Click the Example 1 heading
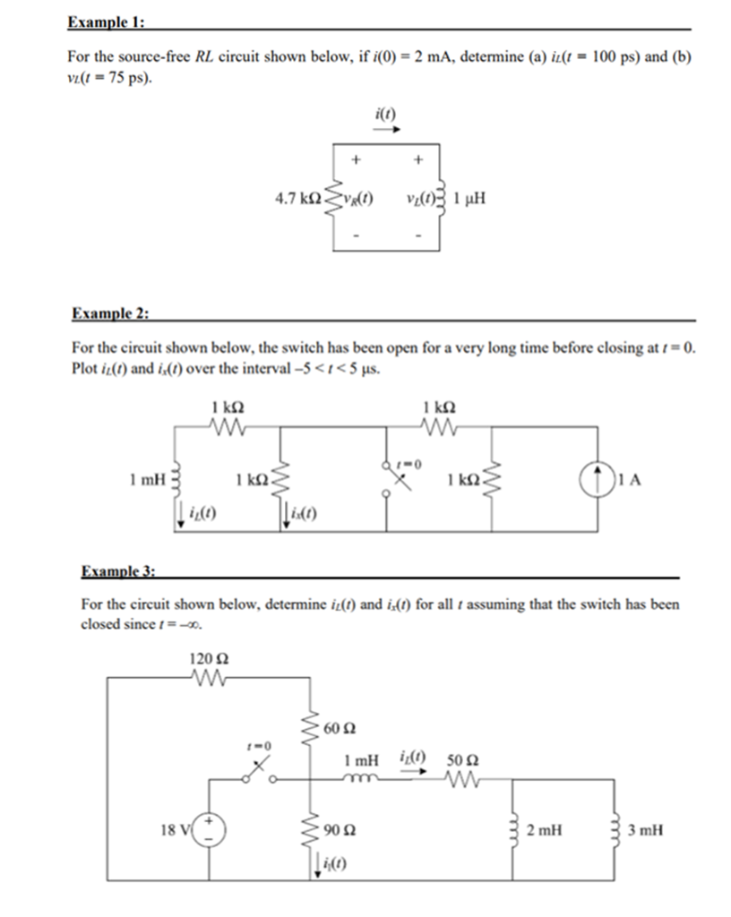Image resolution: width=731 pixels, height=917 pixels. click(x=106, y=22)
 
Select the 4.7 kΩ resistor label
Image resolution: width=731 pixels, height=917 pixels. click(x=298, y=199)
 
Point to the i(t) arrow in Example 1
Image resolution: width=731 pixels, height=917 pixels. click(x=387, y=130)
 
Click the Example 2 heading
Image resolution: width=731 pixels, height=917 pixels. click(x=110, y=313)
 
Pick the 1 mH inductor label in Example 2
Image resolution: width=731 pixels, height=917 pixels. click(x=148, y=480)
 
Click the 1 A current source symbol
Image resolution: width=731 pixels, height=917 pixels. click(x=598, y=480)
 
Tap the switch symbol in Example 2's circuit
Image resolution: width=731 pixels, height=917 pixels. click(x=398, y=481)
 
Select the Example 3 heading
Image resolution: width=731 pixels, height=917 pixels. click(x=118, y=570)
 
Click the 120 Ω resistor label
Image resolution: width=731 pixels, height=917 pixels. click(x=209, y=659)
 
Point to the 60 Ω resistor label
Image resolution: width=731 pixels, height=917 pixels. click(x=340, y=729)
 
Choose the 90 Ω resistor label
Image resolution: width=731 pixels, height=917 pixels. click(x=340, y=830)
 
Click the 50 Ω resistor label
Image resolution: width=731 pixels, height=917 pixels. click(x=462, y=761)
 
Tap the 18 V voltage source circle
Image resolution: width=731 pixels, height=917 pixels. click(x=209, y=830)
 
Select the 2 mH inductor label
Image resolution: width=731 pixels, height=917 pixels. click(x=544, y=830)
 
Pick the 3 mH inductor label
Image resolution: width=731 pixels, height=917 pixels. click(x=646, y=830)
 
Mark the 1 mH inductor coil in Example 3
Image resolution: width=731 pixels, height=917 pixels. click(x=361, y=778)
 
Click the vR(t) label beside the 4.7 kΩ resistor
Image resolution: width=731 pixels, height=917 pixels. click(x=358, y=199)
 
